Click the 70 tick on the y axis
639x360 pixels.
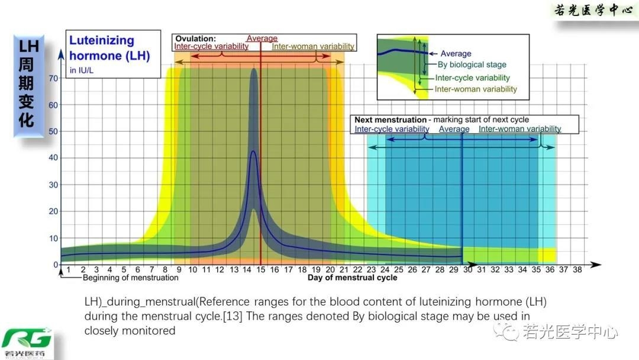point(53,78)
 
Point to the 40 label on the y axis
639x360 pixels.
point(53,157)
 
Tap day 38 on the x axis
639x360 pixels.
point(577,270)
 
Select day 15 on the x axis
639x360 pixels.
point(261,270)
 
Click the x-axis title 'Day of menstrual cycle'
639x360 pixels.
point(352,277)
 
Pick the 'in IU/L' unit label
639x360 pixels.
point(82,70)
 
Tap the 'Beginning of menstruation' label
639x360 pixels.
point(130,277)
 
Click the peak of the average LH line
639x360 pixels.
point(254,152)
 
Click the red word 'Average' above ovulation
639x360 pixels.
point(262,38)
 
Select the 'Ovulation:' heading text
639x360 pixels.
point(195,38)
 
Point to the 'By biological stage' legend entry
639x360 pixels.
point(472,65)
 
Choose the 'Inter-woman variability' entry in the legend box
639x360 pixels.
point(476,89)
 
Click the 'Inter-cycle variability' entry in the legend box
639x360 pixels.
point(472,78)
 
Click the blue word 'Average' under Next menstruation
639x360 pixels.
point(454,129)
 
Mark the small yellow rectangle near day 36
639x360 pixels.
point(547,255)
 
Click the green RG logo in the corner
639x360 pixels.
point(27,340)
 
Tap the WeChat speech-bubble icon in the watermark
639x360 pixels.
point(508,332)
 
